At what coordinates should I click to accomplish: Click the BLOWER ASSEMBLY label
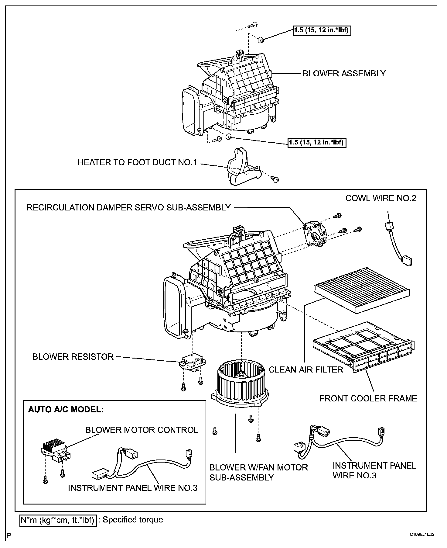[x=344, y=74]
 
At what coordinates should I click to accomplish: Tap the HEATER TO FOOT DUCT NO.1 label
[x=137, y=162]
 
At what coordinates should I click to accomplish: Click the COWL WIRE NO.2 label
[x=381, y=198]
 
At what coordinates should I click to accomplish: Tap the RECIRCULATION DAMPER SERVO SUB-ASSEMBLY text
[x=129, y=208]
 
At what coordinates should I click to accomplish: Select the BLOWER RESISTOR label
[x=73, y=356]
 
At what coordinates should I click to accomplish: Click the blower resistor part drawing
[x=192, y=362]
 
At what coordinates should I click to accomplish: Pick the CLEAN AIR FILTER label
[x=306, y=369]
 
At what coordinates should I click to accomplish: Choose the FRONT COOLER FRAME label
[x=368, y=398]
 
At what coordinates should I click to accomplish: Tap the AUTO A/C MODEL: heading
[x=66, y=409]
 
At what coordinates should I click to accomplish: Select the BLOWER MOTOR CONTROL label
[x=142, y=430]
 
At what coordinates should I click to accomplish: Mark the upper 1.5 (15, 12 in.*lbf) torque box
[x=322, y=30]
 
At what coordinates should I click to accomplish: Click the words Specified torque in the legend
[x=133, y=519]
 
